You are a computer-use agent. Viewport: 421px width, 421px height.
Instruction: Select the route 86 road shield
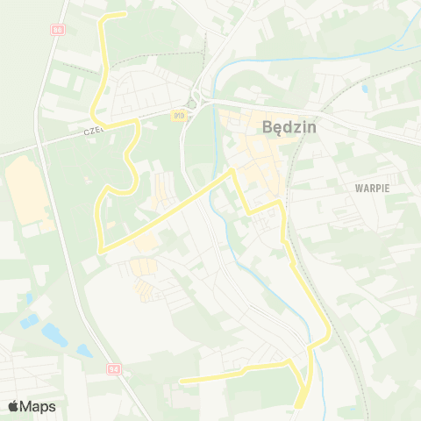pyautogui.click(x=57, y=29)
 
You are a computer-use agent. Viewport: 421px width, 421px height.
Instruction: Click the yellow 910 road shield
pyautogui.click(x=179, y=114)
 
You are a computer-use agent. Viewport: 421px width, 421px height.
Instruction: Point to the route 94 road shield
pyautogui.click(x=113, y=369)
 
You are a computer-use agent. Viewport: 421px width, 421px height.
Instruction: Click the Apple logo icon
pyautogui.click(x=12, y=406)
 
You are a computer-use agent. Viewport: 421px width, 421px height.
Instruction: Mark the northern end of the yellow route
pyautogui.click(x=125, y=14)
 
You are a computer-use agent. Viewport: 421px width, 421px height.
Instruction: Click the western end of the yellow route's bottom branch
pyautogui.click(x=181, y=381)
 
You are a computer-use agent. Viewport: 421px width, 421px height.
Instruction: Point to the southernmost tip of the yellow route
pyautogui.click(x=298, y=406)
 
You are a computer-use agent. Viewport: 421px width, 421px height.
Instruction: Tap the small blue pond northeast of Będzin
pyautogui.click(x=364, y=89)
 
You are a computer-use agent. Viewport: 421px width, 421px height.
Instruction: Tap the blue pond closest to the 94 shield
pyautogui.click(x=84, y=351)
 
